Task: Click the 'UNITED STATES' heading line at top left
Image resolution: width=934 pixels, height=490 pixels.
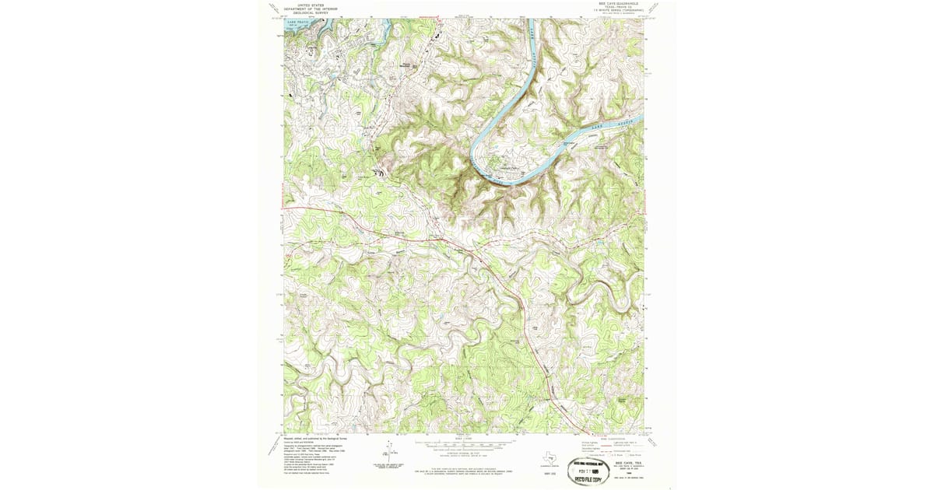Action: coord(306,5)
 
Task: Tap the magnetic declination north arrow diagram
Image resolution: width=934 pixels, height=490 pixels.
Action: coord(388,451)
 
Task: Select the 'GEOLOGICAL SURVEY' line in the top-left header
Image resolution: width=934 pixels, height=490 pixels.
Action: coord(306,12)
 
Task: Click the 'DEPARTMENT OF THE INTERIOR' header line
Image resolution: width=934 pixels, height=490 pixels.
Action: coord(306,9)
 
